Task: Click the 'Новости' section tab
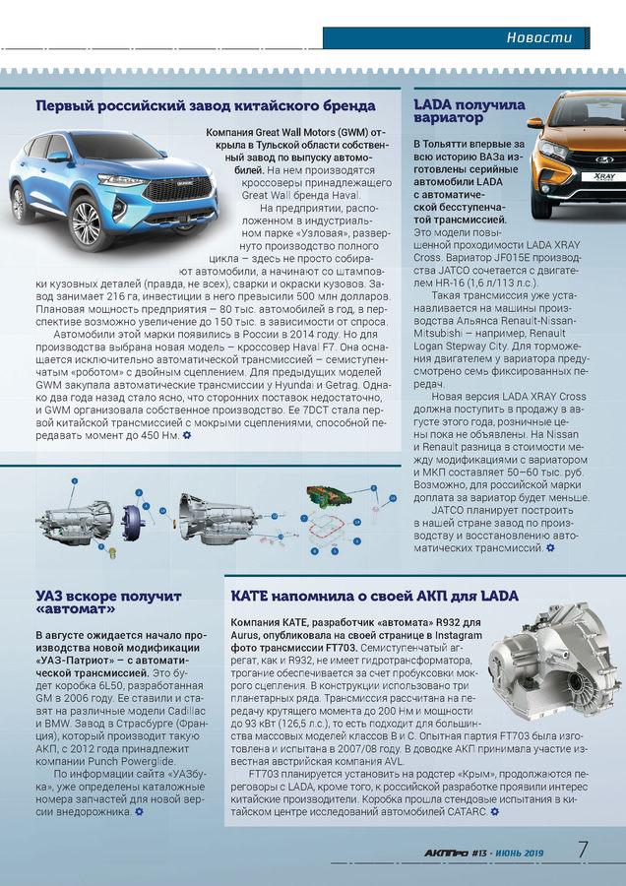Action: (x=538, y=37)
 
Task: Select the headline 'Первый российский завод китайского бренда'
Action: (x=205, y=105)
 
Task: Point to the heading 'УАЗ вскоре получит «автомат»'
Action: (x=108, y=603)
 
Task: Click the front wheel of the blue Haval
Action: (x=86, y=221)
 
